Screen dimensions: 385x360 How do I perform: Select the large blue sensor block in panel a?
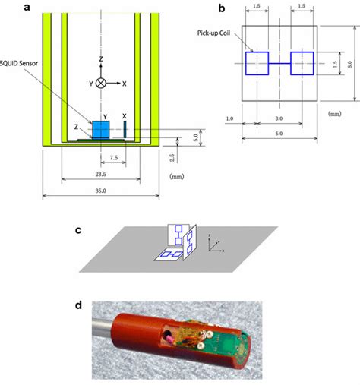click(102, 129)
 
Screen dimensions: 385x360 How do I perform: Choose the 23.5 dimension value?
click(100, 173)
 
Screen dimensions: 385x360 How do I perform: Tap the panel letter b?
click(221, 9)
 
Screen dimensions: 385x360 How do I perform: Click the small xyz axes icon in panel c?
click(217, 243)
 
